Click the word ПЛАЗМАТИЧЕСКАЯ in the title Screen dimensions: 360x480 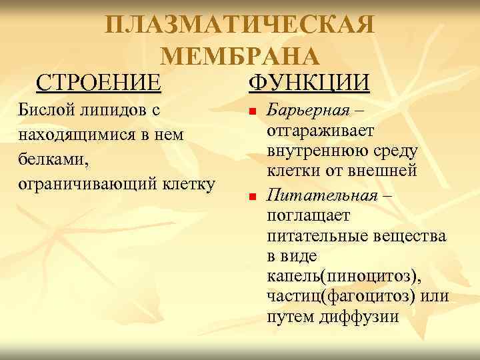click(240, 26)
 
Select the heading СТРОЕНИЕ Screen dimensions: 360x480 click(99, 83)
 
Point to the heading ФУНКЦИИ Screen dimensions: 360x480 click(308, 83)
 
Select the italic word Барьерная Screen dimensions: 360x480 click(308, 109)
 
